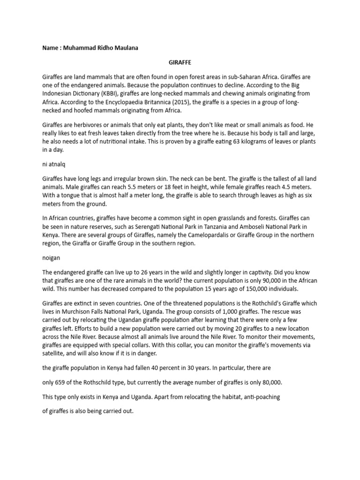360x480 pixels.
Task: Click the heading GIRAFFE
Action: click(180, 62)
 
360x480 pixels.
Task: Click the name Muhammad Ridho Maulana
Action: click(101, 48)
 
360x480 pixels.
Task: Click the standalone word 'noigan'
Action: click(51, 258)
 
